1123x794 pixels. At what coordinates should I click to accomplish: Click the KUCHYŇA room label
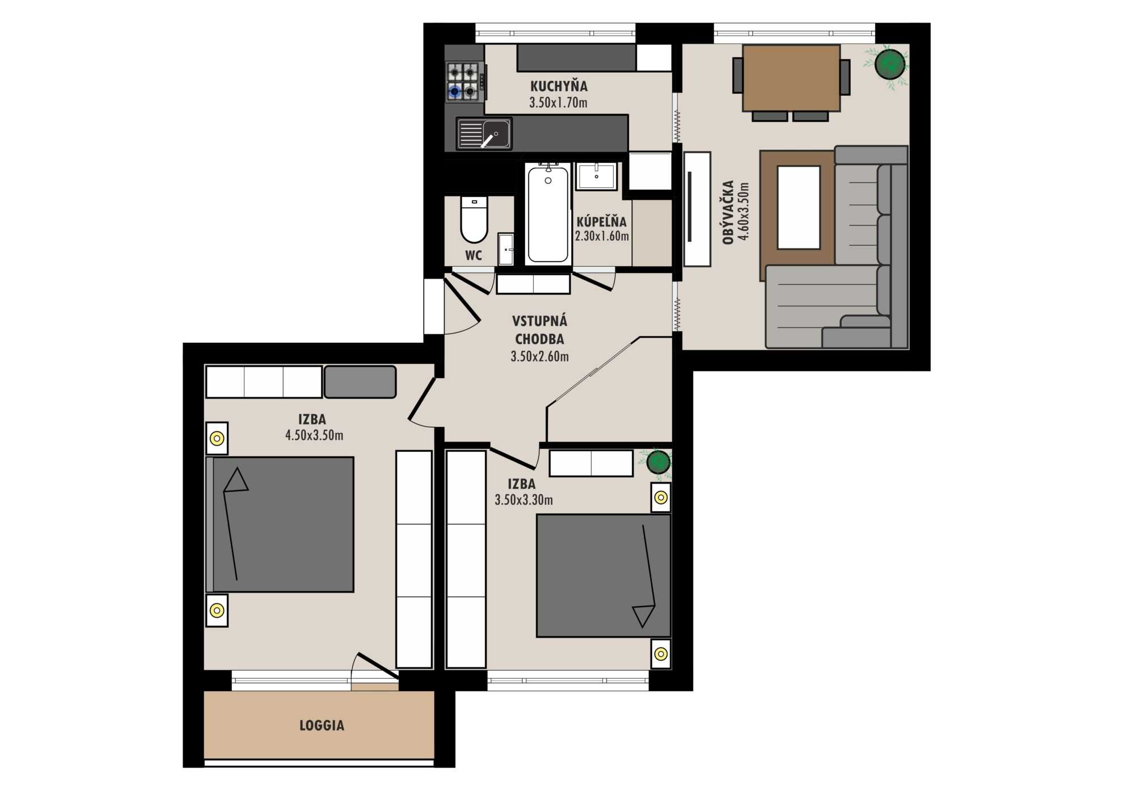tap(559, 86)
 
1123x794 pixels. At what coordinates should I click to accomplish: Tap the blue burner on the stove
tap(454, 91)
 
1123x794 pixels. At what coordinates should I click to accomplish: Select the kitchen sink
tap(484, 134)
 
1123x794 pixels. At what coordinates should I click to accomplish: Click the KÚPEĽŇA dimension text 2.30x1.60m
tap(602, 236)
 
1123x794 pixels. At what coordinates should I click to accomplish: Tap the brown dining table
tap(791, 78)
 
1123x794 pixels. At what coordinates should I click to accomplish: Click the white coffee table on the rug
tap(799, 208)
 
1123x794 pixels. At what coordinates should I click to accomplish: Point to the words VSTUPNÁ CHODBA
tap(539, 330)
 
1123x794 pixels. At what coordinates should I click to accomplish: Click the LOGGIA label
tap(322, 725)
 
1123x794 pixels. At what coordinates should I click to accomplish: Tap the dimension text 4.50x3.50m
tap(314, 435)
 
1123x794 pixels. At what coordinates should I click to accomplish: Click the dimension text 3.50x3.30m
tap(523, 500)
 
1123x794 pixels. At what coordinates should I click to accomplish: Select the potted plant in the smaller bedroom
tap(657, 462)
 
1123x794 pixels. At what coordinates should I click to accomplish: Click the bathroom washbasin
tap(596, 176)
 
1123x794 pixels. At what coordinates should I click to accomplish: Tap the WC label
tap(474, 255)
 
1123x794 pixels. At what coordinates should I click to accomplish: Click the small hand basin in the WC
tap(505, 249)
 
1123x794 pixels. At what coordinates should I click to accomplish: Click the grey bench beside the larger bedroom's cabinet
tap(360, 382)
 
